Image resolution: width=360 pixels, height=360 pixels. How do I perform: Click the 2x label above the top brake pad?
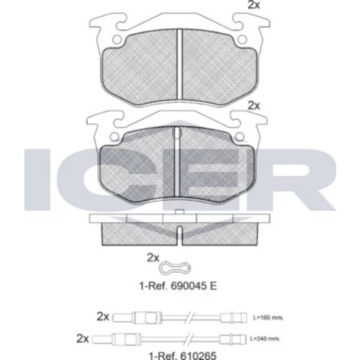click(x=253, y=5)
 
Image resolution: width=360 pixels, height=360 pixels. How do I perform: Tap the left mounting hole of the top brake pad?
click(x=117, y=40)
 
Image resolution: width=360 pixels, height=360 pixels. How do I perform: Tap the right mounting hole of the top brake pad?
click(x=242, y=40)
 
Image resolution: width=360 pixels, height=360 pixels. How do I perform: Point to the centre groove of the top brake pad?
click(x=180, y=64)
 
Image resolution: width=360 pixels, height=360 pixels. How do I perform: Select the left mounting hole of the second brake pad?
click(x=114, y=137)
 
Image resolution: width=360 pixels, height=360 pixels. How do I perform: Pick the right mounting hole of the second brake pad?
click(x=240, y=137)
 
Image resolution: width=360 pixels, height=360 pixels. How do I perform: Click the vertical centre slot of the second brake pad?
click(x=177, y=161)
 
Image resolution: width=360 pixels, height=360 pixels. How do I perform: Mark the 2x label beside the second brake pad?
click(x=253, y=106)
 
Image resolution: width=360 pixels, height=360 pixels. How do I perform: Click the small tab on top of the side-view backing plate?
click(x=179, y=212)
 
